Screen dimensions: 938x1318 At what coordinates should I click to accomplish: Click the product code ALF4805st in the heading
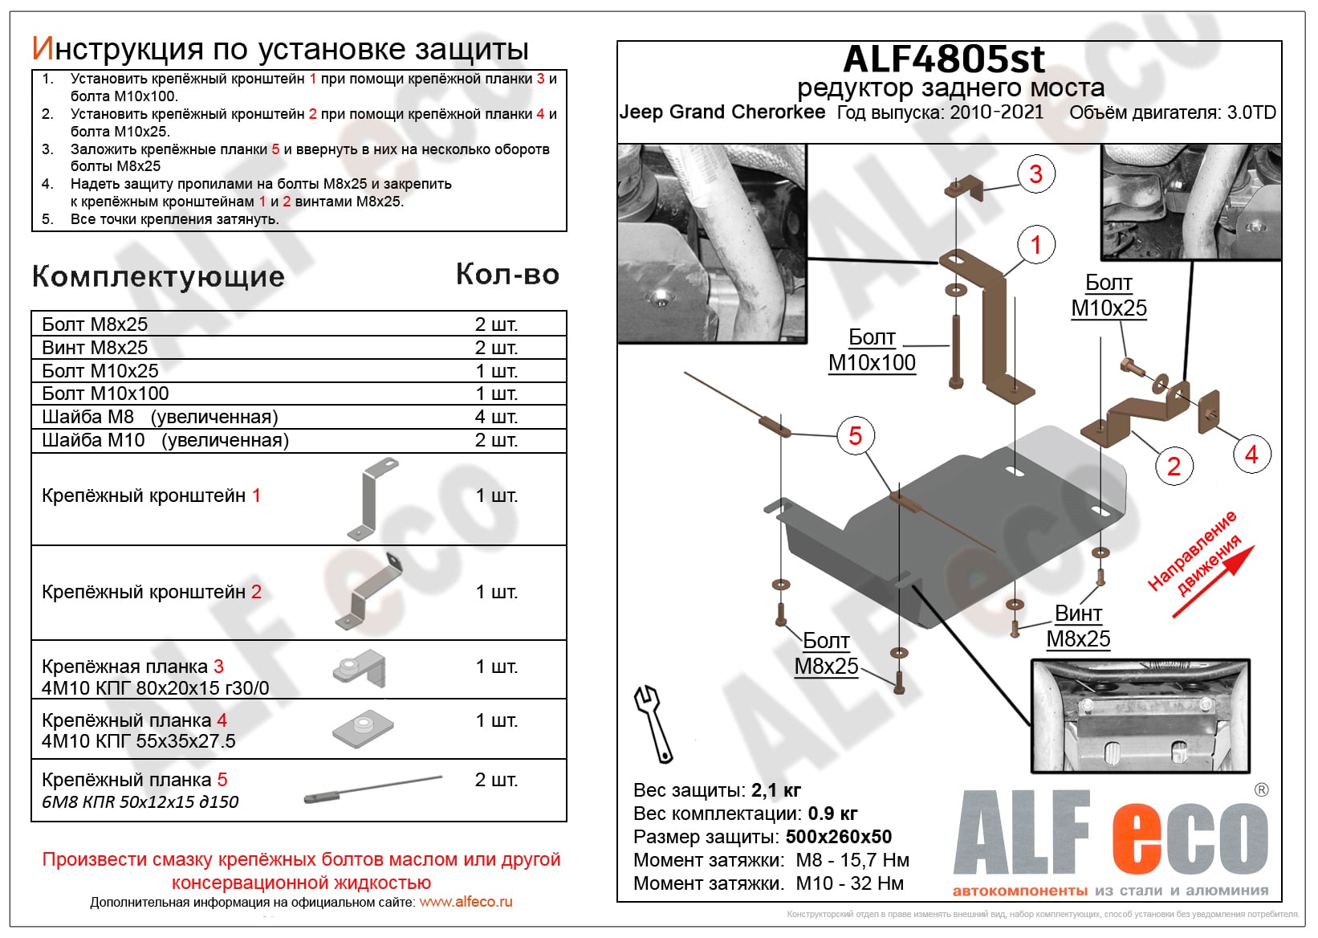point(944,59)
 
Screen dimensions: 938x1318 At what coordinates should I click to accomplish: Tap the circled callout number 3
point(1035,173)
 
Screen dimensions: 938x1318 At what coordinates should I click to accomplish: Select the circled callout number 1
point(1035,244)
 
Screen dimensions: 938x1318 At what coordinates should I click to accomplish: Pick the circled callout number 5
point(855,436)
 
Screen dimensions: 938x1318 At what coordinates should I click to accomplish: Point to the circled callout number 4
point(1251,455)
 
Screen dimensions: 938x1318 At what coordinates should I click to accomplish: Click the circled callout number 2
point(1174,466)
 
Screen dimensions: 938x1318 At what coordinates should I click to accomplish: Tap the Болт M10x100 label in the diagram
point(872,350)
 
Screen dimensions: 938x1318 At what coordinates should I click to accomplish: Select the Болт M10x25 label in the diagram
point(1109,296)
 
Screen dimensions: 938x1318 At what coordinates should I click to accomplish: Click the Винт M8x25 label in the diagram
point(1078,626)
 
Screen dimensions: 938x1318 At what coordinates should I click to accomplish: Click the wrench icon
point(653,723)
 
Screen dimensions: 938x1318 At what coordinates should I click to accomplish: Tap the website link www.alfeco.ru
point(466,902)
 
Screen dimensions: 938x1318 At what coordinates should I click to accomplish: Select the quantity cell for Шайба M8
point(496,417)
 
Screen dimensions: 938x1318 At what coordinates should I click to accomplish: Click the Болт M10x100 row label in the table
point(105,394)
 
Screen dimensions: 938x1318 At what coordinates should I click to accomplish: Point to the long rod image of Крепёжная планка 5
point(373,788)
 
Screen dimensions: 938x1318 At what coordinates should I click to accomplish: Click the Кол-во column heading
point(507,275)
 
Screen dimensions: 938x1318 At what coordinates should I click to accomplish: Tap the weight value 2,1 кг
point(776,790)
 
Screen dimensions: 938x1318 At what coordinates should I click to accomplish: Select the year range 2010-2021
point(997,112)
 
